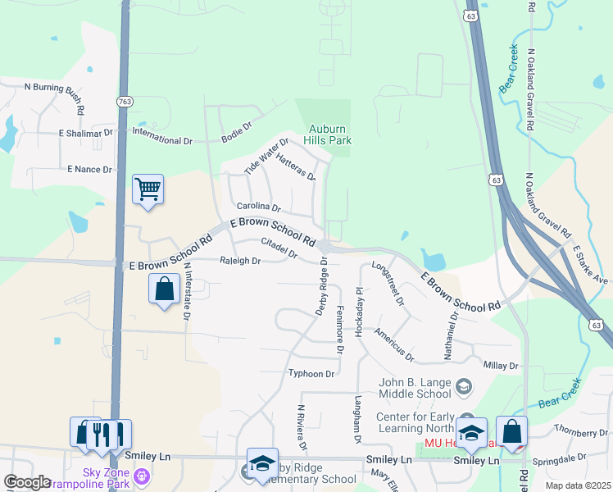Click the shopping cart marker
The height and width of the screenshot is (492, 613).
coord(148,189)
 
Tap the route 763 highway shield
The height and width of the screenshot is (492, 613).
coord(125,101)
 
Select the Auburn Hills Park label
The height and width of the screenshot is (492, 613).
coord(329,134)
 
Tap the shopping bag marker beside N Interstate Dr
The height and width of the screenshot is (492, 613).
coord(164,289)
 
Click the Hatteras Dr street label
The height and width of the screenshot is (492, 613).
coord(296,166)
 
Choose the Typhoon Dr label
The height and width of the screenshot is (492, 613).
coord(311,374)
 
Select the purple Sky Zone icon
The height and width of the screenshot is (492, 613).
coord(143,475)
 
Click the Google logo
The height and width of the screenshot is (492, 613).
coord(27,482)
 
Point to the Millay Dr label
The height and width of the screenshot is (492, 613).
coord(502,366)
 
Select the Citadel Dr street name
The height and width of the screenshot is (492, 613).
coord(279,248)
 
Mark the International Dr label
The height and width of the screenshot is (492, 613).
coord(161,136)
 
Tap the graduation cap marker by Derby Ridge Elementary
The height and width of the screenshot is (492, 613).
coord(262,463)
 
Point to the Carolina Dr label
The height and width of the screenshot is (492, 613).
coord(258,207)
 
